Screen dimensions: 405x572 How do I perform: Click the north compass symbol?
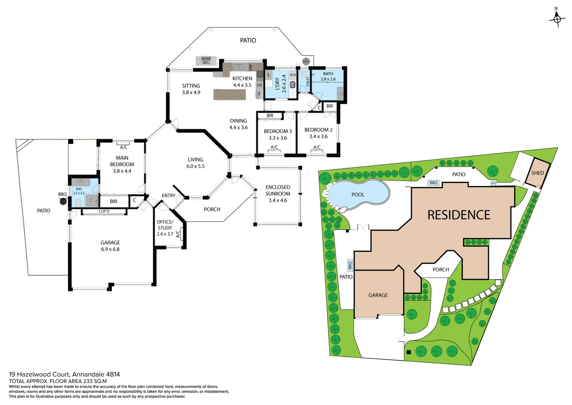tap(557, 18)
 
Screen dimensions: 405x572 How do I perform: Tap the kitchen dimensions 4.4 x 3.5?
tap(242, 85)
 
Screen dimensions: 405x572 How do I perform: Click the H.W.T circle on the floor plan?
tap(306, 61)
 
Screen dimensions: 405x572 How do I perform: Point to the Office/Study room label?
tap(165, 225)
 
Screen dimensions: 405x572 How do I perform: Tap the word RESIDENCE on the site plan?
tap(459, 215)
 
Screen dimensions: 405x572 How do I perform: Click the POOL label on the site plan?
tap(358, 195)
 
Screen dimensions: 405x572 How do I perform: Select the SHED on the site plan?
tap(537, 173)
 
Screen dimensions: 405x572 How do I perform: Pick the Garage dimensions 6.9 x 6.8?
tap(110, 249)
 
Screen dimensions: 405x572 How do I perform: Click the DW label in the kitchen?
tap(250, 67)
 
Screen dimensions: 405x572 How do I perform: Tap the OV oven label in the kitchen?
tap(259, 85)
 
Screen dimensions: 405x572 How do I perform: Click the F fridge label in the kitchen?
tap(259, 94)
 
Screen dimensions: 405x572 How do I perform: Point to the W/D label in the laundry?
tap(293, 75)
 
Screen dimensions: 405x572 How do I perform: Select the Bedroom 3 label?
tap(278, 131)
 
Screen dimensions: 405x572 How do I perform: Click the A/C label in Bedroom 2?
tap(317, 147)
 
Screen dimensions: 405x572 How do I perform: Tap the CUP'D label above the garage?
tap(104, 211)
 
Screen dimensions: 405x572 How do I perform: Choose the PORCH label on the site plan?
tap(441, 270)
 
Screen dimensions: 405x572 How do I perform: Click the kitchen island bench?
tap(230, 94)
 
